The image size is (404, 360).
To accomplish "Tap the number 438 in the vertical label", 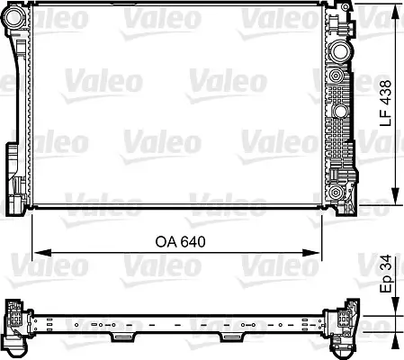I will [384, 90].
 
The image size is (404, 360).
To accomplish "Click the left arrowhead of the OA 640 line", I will [38, 253].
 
